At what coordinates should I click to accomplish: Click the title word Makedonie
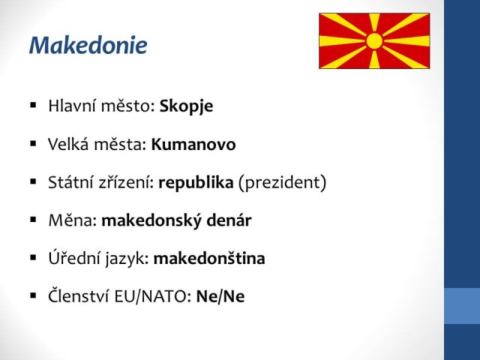[88, 45]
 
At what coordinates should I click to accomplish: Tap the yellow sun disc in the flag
[374, 41]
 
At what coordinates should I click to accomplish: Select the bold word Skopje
[186, 106]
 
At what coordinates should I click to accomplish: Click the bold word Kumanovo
[193, 144]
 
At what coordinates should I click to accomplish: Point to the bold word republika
[196, 183]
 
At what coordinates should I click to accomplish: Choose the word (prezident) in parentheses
[282, 183]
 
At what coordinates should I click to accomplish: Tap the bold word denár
[229, 220]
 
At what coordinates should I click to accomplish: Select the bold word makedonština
[209, 258]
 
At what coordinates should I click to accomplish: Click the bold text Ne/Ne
[220, 296]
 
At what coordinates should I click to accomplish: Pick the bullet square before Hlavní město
[33, 106]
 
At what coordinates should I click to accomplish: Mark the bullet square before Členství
[33, 295]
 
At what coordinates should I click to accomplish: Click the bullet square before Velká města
[33, 143]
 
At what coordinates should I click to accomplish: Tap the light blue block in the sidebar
[462, 306]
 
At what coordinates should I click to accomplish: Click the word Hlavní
[72, 106]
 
